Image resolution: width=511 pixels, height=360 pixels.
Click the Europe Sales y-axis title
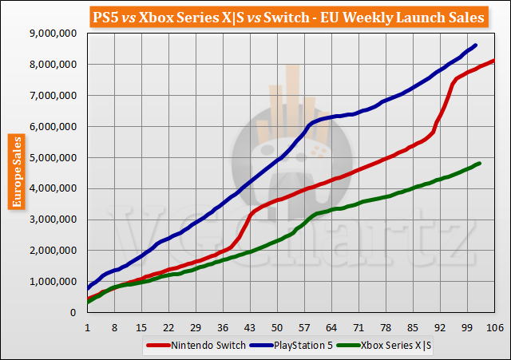[x=15, y=172]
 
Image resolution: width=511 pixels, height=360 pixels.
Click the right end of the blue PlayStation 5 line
[x=476, y=45]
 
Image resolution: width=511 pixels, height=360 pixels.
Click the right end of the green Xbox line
[x=479, y=164]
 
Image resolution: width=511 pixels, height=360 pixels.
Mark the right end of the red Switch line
[x=494, y=61]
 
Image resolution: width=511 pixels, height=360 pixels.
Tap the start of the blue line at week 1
[x=87, y=287]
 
